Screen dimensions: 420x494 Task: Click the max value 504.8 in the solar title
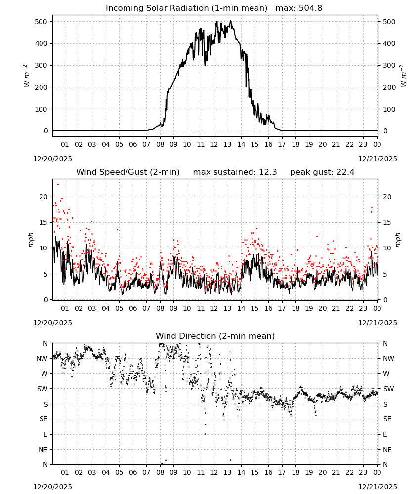310,8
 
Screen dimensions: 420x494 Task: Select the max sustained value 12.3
268,172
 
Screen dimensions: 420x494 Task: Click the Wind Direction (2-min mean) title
215,336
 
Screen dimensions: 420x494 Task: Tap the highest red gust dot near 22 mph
58,185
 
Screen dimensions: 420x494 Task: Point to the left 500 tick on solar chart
42,22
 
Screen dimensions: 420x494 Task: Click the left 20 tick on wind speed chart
43,197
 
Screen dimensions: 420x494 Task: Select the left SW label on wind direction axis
42,389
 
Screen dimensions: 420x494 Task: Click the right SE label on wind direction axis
387,419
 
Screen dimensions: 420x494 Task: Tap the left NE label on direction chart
43,450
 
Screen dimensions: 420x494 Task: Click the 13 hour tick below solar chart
227,144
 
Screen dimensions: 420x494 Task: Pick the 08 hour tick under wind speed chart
160,308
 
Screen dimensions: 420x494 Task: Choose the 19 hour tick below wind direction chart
309,472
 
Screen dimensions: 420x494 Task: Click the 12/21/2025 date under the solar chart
378,159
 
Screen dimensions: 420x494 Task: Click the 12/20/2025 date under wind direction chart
52,487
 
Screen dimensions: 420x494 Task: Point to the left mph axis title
31,240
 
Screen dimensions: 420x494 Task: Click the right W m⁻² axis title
403,76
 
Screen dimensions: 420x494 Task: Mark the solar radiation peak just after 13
231,20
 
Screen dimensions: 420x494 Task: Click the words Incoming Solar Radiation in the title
157,8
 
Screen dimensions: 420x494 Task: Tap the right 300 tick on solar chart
389,65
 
